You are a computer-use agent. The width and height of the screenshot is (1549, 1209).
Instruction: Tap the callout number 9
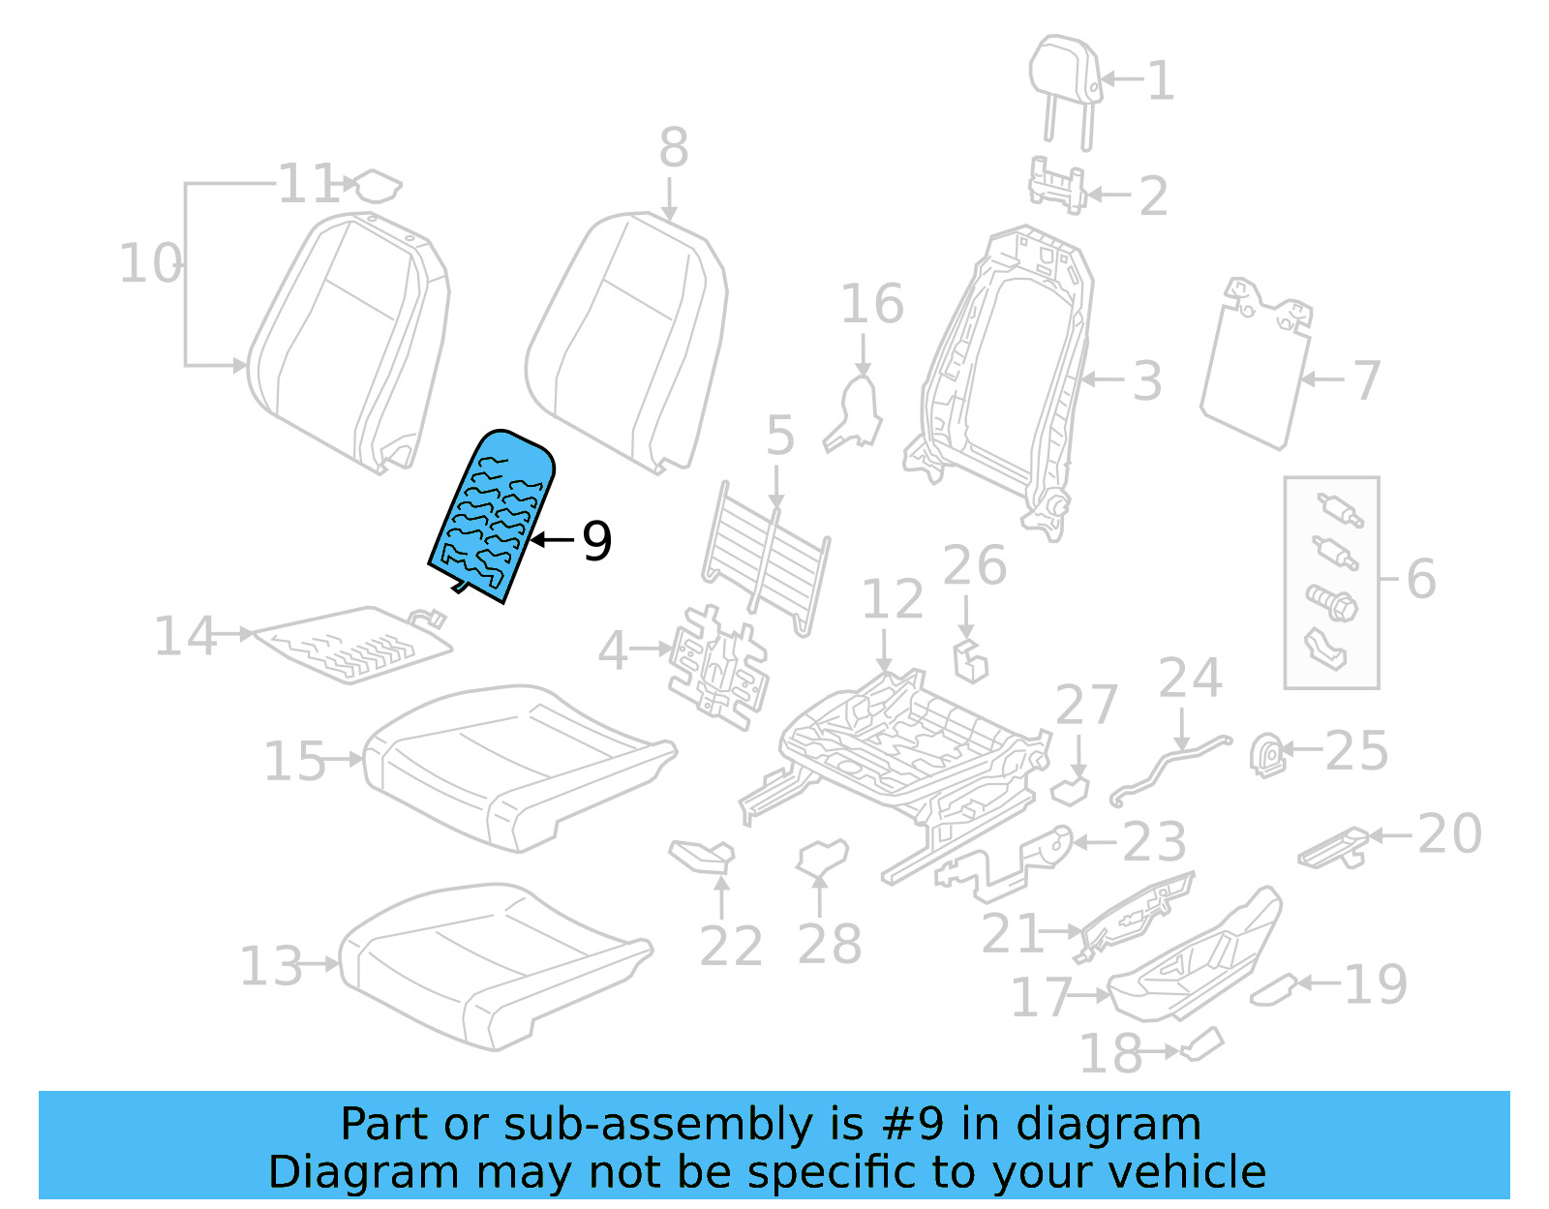596,541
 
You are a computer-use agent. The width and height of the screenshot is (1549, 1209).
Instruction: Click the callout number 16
871,304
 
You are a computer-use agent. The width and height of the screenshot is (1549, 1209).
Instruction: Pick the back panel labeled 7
1254,373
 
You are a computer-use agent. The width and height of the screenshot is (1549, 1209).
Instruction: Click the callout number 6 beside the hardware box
1420,579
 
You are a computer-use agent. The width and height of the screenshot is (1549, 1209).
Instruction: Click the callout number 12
892,600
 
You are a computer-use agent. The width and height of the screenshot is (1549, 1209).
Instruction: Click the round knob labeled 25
1267,755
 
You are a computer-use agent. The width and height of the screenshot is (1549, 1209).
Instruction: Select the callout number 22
731,946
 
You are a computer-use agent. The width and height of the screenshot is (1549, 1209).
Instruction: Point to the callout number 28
829,944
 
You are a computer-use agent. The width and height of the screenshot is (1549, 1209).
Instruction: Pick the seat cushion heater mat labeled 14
353,644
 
